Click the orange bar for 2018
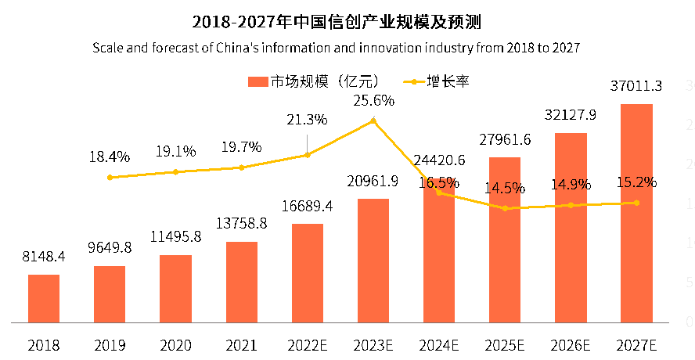[44, 298]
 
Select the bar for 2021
[242, 282]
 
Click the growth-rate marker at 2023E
[373, 120]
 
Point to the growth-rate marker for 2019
[110, 178]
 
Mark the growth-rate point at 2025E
[505, 208]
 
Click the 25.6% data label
[373, 101]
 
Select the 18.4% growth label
[109, 157]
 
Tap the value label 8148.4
[44, 257]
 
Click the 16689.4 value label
[308, 207]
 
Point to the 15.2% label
[636, 182]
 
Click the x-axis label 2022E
[308, 344]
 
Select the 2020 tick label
[176, 344]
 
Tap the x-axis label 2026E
[571, 344]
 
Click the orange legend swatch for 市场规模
[257, 81]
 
